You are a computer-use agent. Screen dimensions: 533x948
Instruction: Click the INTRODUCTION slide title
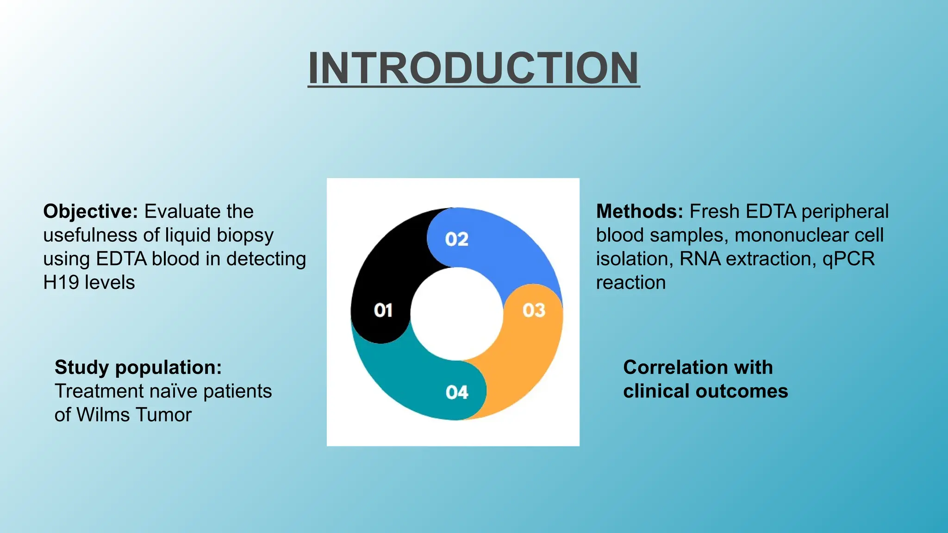coord(474,68)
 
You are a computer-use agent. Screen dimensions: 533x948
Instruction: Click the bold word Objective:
coord(90,211)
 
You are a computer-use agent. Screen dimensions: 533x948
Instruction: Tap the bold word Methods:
coord(639,211)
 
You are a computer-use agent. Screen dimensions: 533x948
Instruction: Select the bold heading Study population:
coord(138,367)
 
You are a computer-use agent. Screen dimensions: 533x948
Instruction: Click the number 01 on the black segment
coord(383,310)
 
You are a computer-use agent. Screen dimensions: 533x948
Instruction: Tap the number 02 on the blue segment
coord(456,239)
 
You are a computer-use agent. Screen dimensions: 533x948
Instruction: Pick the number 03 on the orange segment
coord(534,310)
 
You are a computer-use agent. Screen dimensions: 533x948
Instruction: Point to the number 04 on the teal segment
coord(457,392)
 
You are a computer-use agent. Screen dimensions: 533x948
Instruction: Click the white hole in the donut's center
coord(456,314)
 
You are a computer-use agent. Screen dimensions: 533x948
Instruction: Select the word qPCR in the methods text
coord(848,259)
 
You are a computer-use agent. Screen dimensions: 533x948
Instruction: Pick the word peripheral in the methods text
coord(845,211)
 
